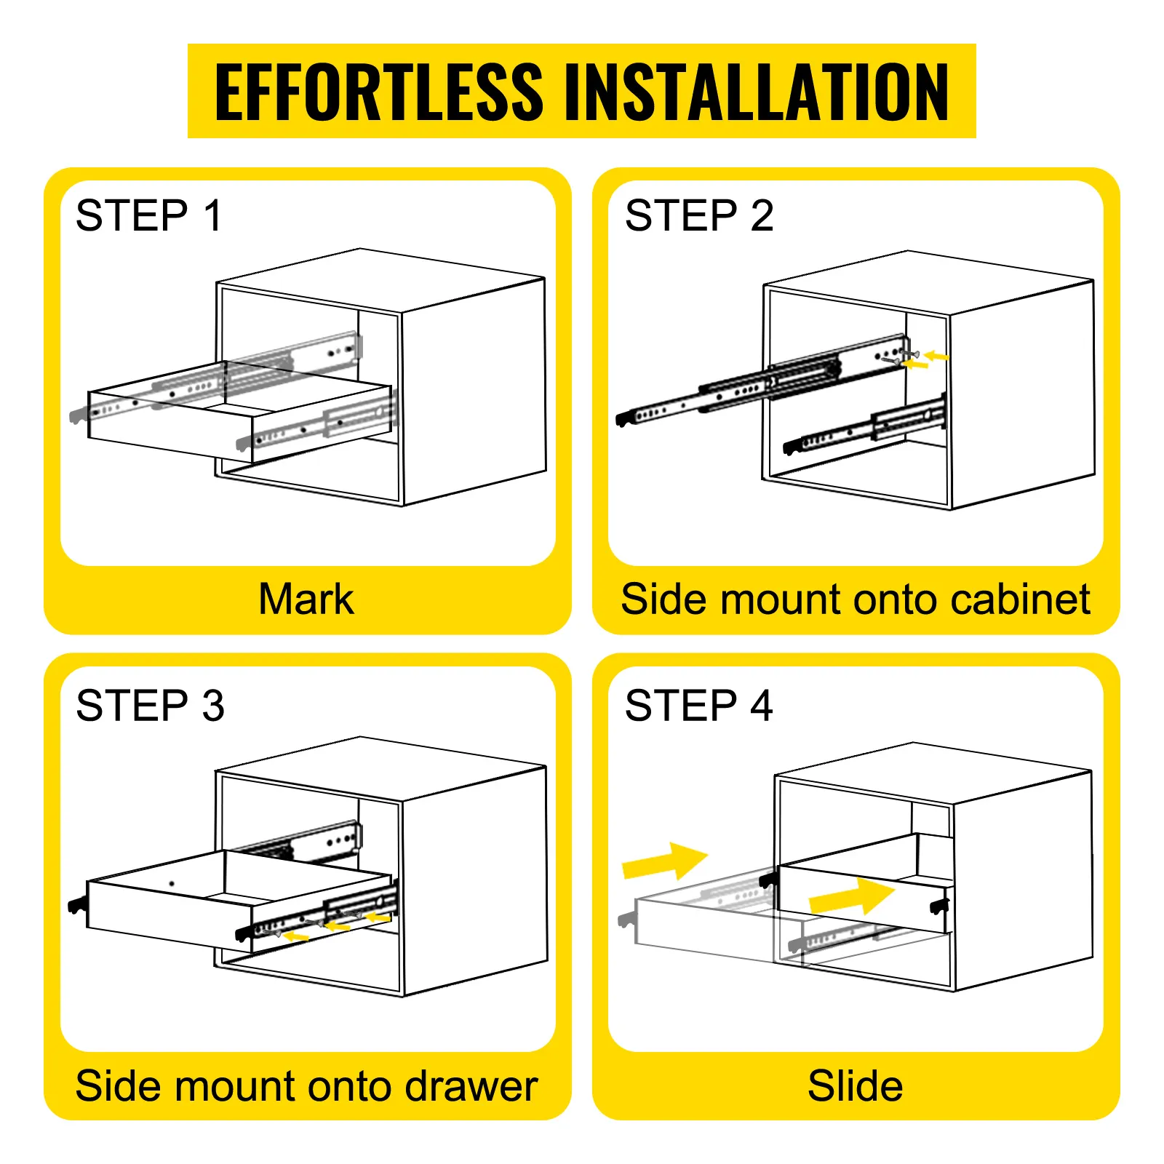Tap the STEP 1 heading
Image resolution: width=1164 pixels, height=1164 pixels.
click(x=148, y=215)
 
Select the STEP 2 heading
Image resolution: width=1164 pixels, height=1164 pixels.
click(x=698, y=215)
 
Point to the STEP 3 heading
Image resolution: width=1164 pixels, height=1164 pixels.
click(x=150, y=705)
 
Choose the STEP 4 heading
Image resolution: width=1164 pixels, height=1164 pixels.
click(x=698, y=705)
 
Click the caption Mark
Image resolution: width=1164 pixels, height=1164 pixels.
click(x=306, y=599)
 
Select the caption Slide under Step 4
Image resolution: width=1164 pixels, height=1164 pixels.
click(x=855, y=1086)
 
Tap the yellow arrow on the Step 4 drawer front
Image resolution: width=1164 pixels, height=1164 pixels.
click(x=851, y=896)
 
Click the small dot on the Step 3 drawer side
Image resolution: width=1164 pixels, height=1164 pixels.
click(x=172, y=884)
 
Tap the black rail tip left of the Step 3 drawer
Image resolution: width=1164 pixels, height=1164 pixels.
click(x=76, y=905)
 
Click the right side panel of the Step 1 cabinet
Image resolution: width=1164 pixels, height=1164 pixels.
click(x=473, y=393)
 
